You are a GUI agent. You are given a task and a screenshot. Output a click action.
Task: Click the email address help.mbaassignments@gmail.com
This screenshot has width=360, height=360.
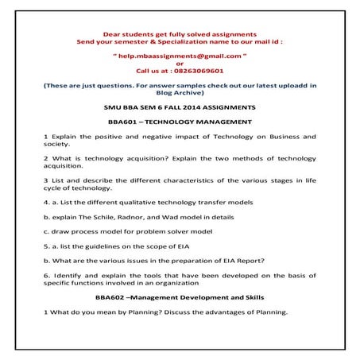(180, 56)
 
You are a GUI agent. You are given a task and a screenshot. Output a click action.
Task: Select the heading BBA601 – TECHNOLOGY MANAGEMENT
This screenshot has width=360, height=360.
(180, 122)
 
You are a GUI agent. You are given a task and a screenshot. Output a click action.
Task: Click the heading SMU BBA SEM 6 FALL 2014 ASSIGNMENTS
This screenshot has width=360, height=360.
(180, 106)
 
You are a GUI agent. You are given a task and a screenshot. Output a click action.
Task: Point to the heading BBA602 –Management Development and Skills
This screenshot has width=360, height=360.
(180, 296)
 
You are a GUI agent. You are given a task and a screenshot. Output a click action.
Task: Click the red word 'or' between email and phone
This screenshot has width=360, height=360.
(180, 64)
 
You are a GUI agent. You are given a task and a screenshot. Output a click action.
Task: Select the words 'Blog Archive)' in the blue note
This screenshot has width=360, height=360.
(180, 91)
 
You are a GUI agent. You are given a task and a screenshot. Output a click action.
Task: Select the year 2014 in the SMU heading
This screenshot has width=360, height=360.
(199, 106)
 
